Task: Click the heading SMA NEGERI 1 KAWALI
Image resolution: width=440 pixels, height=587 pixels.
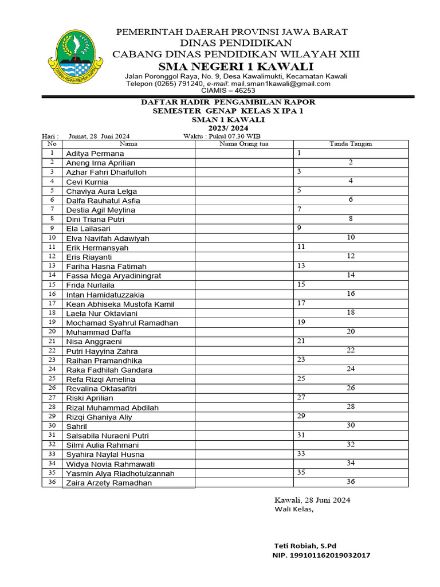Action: [235, 67]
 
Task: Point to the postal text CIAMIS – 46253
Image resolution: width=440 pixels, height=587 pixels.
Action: [228, 91]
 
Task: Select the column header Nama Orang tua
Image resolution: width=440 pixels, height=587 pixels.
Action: [243, 144]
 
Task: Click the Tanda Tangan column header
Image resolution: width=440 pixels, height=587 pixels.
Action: [350, 144]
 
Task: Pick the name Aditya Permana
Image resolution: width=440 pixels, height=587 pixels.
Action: [95, 154]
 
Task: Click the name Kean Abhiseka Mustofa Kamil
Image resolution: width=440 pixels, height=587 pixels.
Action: [120, 304]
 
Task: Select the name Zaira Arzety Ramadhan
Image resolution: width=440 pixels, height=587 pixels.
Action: [109, 483]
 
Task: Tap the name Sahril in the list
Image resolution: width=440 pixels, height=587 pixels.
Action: [77, 426]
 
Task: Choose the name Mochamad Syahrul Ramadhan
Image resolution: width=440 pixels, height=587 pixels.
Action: [122, 323]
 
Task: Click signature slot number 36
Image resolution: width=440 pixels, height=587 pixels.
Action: [351, 482]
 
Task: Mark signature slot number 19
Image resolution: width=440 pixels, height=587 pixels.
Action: [301, 323]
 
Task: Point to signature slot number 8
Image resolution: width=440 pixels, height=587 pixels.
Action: [351, 218]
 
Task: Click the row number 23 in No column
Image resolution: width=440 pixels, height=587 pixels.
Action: [52, 360]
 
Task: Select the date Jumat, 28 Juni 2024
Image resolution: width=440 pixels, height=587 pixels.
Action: [99, 136]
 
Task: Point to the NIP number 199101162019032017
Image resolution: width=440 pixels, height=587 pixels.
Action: [321, 555]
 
